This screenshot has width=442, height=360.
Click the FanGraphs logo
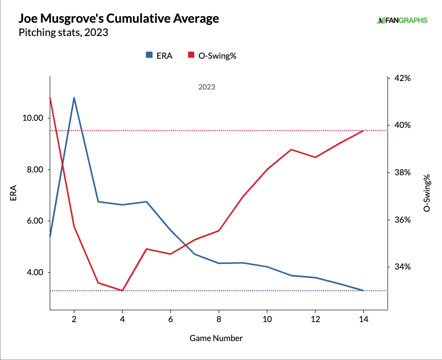point(402,20)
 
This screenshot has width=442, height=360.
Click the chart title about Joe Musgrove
point(118,19)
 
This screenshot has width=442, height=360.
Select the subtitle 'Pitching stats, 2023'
point(63,33)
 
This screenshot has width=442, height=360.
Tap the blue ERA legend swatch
point(149,55)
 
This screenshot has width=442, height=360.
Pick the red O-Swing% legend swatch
point(192,55)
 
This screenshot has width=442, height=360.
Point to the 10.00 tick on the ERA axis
point(33,118)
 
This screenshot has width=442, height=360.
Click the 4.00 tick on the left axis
point(35,272)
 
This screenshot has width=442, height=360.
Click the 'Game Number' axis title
point(216,338)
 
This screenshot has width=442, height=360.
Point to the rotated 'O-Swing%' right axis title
point(427,192)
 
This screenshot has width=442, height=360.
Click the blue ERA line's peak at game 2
point(74,98)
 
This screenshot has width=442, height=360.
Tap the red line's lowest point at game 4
point(122,290)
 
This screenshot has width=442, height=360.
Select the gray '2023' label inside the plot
point(207,87)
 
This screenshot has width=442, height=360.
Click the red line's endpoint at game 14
point(363,130)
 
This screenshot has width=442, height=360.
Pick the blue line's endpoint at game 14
point(363,290)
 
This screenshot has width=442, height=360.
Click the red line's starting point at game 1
point(50,98)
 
